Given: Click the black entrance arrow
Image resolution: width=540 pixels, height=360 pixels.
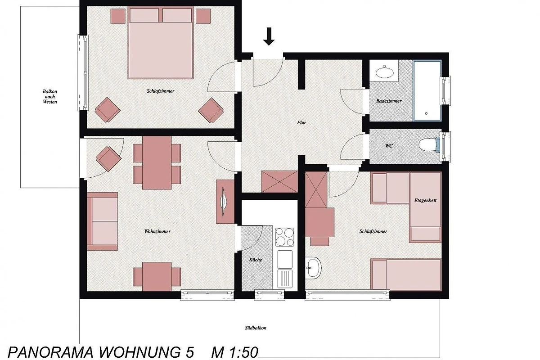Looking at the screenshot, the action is [269, 36].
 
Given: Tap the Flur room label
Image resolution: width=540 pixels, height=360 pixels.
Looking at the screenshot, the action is [301, 122].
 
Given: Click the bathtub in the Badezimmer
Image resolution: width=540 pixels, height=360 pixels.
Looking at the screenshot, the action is [427, 91].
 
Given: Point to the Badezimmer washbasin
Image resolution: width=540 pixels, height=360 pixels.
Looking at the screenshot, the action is [384, 72].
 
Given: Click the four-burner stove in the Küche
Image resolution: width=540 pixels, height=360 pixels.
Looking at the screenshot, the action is [285, 237].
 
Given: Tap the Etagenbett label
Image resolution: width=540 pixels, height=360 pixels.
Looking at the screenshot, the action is [425, 200].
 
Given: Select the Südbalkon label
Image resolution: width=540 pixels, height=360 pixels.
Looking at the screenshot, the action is [256, 328].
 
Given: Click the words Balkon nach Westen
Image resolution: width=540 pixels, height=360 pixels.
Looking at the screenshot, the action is [50, 96].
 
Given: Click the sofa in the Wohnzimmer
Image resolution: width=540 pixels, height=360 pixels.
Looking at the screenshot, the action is [102, 221].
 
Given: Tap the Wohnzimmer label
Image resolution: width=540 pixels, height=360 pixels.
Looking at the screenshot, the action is [157, 231].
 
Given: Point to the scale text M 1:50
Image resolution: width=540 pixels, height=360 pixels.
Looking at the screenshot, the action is [234, 352].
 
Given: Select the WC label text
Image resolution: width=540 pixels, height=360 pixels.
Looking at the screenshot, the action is [389, 146].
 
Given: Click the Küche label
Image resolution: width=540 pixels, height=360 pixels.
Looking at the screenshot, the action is [256, 260].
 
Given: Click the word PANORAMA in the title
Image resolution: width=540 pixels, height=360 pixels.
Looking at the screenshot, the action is [50, 352].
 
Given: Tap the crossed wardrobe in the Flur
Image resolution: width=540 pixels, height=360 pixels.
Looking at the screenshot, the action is [279, 181].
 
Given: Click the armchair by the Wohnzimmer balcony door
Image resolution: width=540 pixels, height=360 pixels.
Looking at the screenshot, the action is [108, 159].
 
